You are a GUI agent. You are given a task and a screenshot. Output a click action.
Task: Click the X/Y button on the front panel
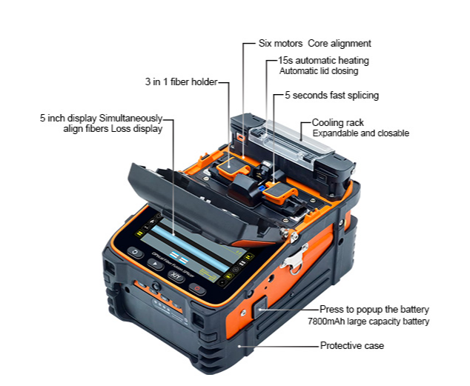click(176, 276)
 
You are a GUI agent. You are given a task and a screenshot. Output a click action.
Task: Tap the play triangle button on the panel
click(155, 264)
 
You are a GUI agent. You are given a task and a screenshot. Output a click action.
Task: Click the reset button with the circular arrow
click(135, 253)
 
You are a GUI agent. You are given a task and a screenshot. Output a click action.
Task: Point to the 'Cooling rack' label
click(337, 122)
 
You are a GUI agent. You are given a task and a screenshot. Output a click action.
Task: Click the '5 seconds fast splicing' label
click(331, 96)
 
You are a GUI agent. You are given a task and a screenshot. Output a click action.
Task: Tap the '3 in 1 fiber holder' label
click(181, 81)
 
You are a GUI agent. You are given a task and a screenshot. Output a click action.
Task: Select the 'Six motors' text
click(280, 44)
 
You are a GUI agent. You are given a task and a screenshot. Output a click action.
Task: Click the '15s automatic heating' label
click(323, 60)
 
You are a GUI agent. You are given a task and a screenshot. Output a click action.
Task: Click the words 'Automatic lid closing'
click(319, 71)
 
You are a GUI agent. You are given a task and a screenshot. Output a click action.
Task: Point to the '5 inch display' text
click(68, 118)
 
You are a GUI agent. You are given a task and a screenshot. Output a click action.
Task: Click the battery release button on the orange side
click(259, 307)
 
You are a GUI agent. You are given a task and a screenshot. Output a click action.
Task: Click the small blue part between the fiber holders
click(261, 189)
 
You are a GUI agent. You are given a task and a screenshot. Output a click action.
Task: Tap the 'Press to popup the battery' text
click(374, 310)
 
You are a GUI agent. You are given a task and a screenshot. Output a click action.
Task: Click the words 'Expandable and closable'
click(360, 133)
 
